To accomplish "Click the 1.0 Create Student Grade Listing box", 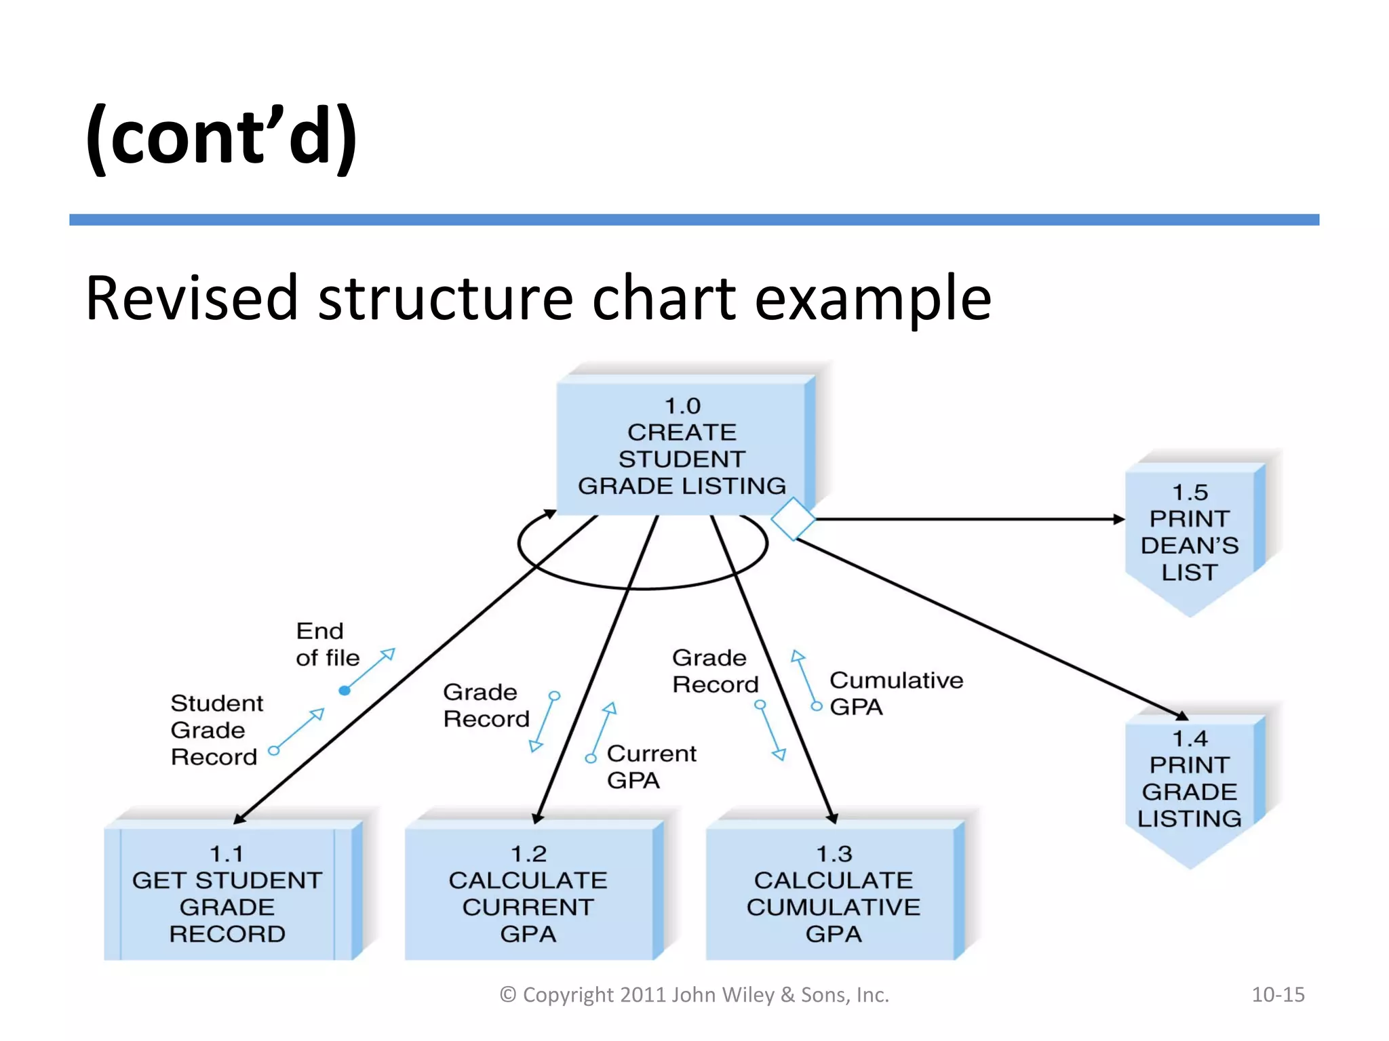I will (682, 446).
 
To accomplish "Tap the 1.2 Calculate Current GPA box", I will (528, 893).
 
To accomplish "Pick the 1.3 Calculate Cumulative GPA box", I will (834, 893).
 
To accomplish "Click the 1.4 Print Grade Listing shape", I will (1190, 779).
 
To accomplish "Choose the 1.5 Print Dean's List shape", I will (1190, 532).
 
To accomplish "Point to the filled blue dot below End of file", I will (345, 691).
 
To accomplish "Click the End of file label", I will (327, 645).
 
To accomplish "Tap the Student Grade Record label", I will (216, 730).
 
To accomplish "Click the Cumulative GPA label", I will (895, 693).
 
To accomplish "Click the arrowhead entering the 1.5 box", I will (1119, 519).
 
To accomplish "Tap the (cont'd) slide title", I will (221, 136).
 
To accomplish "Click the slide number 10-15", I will (1278, 994).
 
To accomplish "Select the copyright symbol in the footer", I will (508, 995).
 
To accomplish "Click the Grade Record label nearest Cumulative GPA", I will (715, 671).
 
